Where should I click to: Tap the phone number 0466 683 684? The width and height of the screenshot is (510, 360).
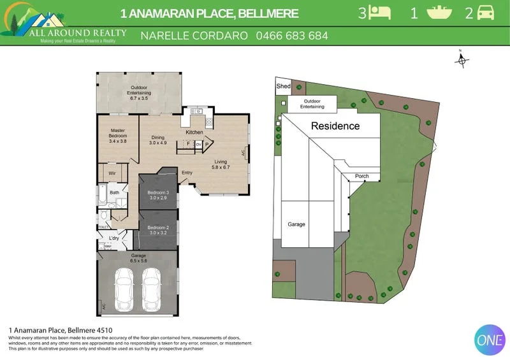click(292, 36)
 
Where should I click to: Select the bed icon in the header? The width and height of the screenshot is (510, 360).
click(382, 13)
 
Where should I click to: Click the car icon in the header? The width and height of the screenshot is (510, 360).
click(485, 13)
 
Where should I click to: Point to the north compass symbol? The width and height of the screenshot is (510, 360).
click(462, 61)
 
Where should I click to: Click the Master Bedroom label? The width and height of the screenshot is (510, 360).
click(119, 135)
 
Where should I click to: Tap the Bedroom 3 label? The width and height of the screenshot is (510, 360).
click(157, 192)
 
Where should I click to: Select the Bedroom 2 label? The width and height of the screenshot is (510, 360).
click(157, 227)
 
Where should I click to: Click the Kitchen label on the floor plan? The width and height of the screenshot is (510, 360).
click(194, 133)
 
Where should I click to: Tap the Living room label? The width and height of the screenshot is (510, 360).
click(221, 161)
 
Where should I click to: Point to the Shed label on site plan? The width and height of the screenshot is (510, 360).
click(283, 86)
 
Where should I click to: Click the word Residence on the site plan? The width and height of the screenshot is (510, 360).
click(335, 126)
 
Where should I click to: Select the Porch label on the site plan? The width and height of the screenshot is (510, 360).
click(361, 176)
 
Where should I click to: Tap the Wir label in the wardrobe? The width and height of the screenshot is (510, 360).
click(112, 173)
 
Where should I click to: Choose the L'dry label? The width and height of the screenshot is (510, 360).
click(114, 238)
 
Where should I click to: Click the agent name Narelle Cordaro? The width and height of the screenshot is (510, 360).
click(194, 36)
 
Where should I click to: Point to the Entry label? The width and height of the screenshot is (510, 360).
click(187, 173)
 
